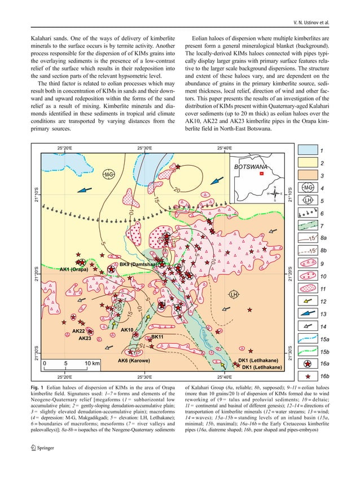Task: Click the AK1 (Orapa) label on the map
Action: coord(73,269)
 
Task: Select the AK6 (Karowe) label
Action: coord(133,360)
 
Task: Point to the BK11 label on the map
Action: coord(157,337)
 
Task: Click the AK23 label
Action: coord(85,338)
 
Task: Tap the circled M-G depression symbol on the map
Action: coord(108,175)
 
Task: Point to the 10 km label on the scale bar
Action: coord(92,364)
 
